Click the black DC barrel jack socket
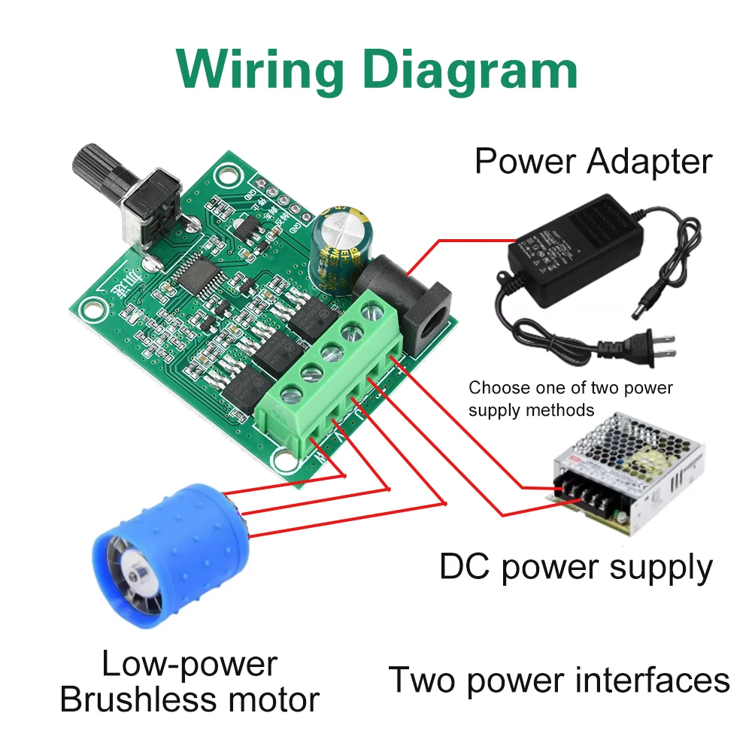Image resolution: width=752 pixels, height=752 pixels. click(410, 301)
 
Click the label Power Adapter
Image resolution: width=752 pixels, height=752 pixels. click(593, 161)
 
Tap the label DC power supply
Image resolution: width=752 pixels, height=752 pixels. click(575, 567)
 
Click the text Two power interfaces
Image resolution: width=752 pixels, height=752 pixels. click(559, 680)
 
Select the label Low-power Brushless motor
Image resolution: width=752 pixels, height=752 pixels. click(189, 681)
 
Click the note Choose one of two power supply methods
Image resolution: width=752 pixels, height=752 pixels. click(570, 399)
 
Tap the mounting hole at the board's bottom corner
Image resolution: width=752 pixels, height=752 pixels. click(285, 458)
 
